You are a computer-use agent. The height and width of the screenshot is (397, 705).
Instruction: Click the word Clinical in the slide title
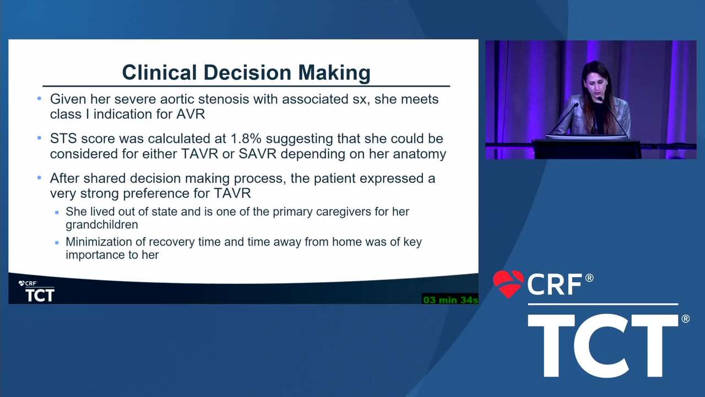(159, 72)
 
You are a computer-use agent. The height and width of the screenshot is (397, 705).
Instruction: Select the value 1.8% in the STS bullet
(246, 138)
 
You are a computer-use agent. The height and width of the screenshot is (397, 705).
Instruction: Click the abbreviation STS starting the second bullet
(63, 138)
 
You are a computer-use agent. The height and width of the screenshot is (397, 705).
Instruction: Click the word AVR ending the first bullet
(191, 114)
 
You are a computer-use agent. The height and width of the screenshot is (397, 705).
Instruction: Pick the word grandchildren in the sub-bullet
(102, 224)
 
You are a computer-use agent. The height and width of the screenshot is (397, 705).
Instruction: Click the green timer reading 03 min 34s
(450, 299)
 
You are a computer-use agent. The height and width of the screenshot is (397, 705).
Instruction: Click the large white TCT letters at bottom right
(603, 345)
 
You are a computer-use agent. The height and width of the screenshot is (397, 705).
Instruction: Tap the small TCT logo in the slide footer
(40, 295)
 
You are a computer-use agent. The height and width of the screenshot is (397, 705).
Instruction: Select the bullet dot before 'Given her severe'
(39, 99)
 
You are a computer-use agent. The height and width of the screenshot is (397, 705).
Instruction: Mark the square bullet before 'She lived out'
(57, 213)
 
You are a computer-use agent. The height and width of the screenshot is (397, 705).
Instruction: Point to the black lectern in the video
(587, 149)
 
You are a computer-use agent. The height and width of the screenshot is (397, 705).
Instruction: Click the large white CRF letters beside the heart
(555, 284)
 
